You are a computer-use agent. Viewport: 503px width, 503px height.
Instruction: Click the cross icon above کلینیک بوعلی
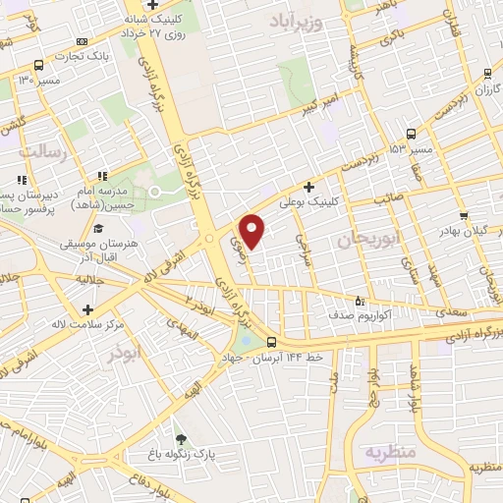coord(308,186)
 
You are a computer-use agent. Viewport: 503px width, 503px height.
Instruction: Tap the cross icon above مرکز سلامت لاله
coord(88,310)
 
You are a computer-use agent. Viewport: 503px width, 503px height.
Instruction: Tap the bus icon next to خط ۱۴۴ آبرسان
coord(271,342)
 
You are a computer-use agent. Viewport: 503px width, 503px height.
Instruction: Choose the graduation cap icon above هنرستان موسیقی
coord(102,226)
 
